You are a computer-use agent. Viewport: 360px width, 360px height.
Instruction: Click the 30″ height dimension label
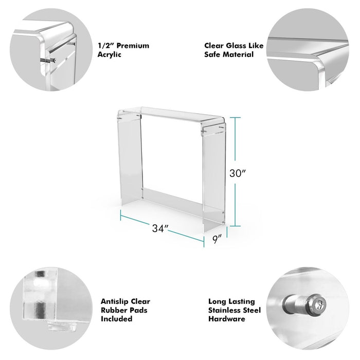click(x=238, y=173)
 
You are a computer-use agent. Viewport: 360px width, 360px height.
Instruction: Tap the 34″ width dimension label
click(x=160, y=228)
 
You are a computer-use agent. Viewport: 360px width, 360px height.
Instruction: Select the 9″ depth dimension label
click(x=217, y=239)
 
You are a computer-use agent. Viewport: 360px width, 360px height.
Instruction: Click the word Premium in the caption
click(x=133, y=45)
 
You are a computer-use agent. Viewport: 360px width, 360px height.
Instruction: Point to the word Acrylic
click(x=109, y=55)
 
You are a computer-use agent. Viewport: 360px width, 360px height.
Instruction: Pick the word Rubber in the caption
click(x=113, y=310)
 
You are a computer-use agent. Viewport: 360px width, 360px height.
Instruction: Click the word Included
click(x=116, y=319)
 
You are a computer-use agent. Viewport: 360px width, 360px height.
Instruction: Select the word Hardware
click(x=227, y=319)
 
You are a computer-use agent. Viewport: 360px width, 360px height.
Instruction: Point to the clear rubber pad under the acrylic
click(x=62, y=327)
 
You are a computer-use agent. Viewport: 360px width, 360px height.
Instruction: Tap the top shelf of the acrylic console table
click(x=171, y=115)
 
